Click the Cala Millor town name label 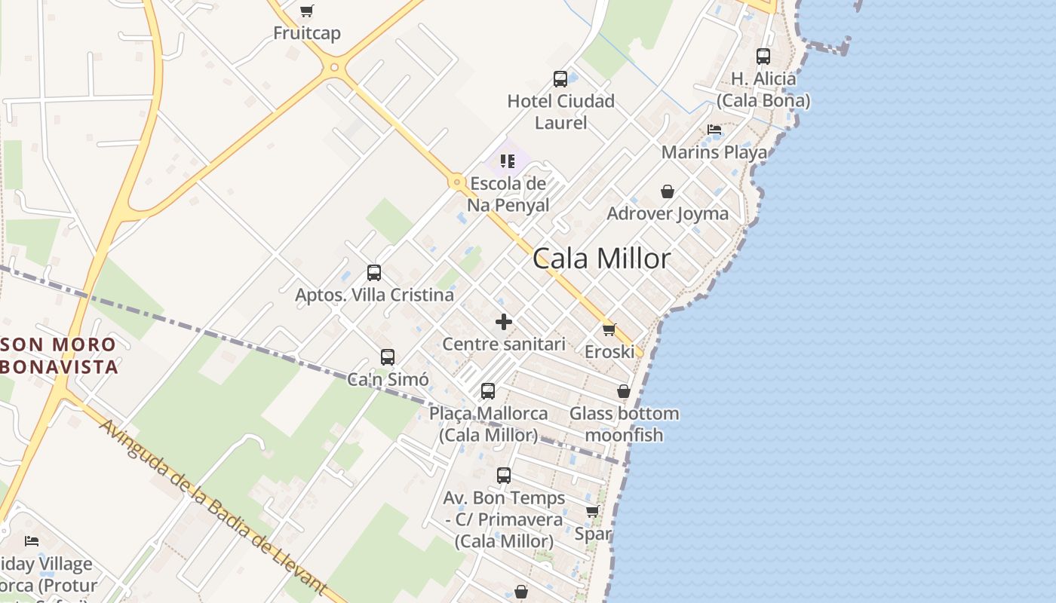(x=601, y=259)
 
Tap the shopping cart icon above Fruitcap (x=306, y=11)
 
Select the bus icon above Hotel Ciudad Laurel (x=560, y=79)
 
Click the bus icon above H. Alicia (x=763, y=57)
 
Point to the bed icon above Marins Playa (x=714, y=130)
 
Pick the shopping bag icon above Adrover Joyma (x=667, y=191)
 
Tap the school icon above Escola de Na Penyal (x=508, y=161)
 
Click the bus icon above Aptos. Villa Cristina (x=374, y=273)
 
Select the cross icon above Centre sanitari (x=504, y=323)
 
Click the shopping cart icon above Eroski (x=609, y=330)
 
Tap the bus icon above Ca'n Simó (x=388, y=357)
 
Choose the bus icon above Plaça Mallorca (x=488, y=391)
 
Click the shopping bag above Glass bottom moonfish (x=624, y=391)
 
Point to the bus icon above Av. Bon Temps (x=504, y=476)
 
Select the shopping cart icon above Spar (x=593, y=512)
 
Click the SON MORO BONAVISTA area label (x=60, y=356)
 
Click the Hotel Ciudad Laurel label (x=560, y=112)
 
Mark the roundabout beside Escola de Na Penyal (x=456, y=182)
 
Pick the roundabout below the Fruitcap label (x=334, y=68)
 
